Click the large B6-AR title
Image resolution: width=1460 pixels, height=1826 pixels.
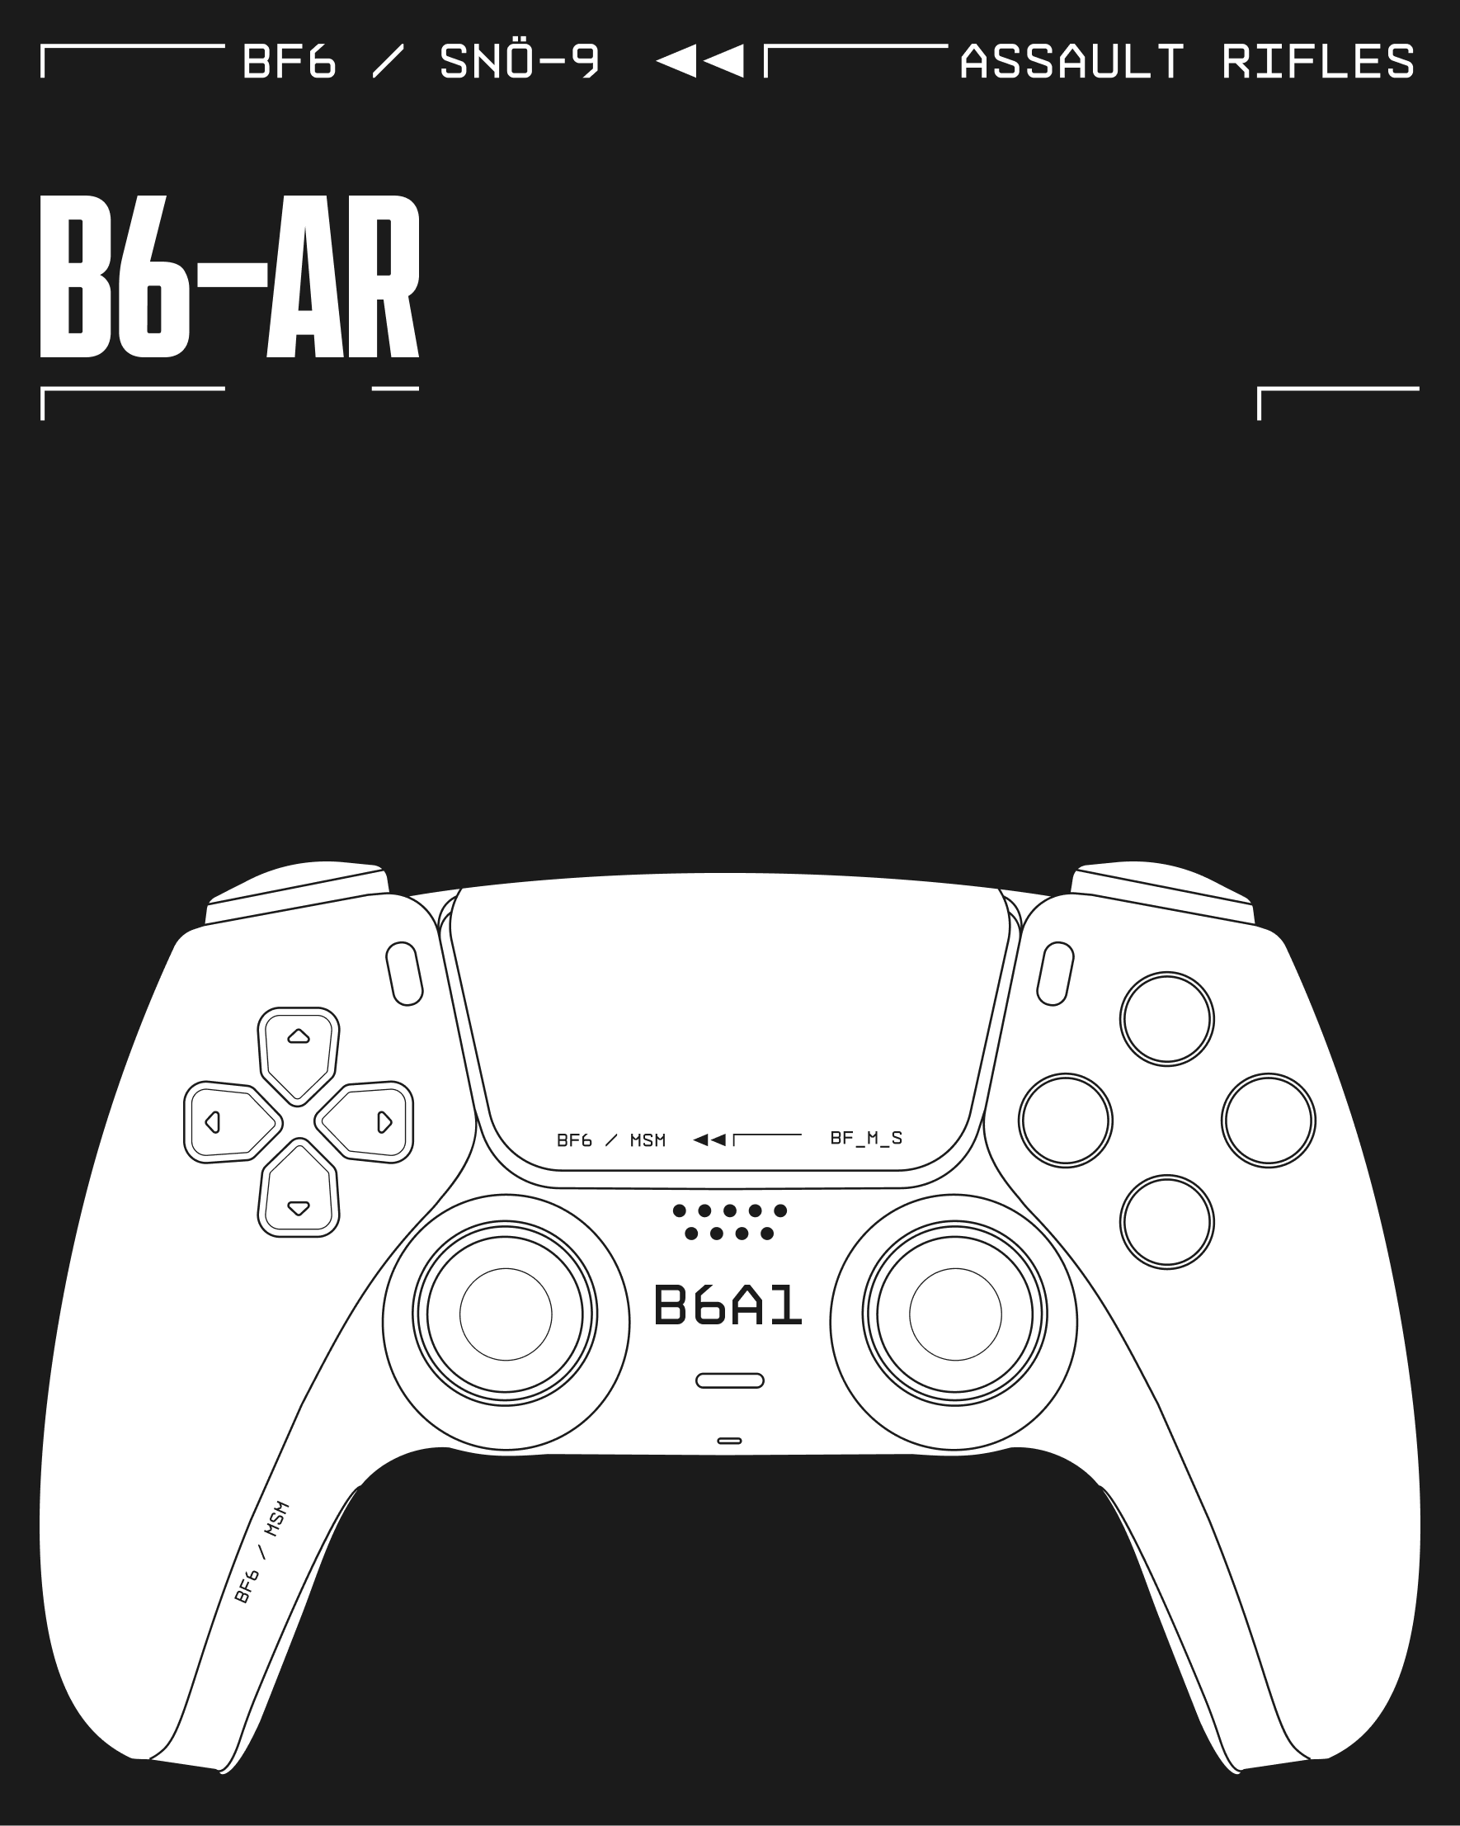point(229,276)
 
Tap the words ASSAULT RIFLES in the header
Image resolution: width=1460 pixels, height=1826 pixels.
point(1187,62)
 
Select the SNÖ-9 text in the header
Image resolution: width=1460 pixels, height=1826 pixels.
point(519,62)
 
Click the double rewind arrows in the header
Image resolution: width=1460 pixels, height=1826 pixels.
point(700,62)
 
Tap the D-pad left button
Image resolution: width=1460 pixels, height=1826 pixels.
point(230,1122)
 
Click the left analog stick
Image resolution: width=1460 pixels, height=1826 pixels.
point(506,1314)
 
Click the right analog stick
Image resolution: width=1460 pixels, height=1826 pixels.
point(954,1314)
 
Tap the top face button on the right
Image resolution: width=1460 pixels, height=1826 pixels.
point(1167,1019)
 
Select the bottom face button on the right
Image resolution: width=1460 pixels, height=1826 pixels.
point(1167,1222)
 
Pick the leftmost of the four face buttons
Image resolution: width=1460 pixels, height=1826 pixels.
point(1066,1121)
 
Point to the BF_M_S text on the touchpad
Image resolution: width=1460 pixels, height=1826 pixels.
point(866,1139)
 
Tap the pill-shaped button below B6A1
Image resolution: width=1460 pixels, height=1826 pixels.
point(730,1380)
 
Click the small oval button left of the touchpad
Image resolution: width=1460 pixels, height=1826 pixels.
point(405,974)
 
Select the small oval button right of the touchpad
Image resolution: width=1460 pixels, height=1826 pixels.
point(1055,974)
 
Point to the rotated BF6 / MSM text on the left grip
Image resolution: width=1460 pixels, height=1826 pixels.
point(261,1552)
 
